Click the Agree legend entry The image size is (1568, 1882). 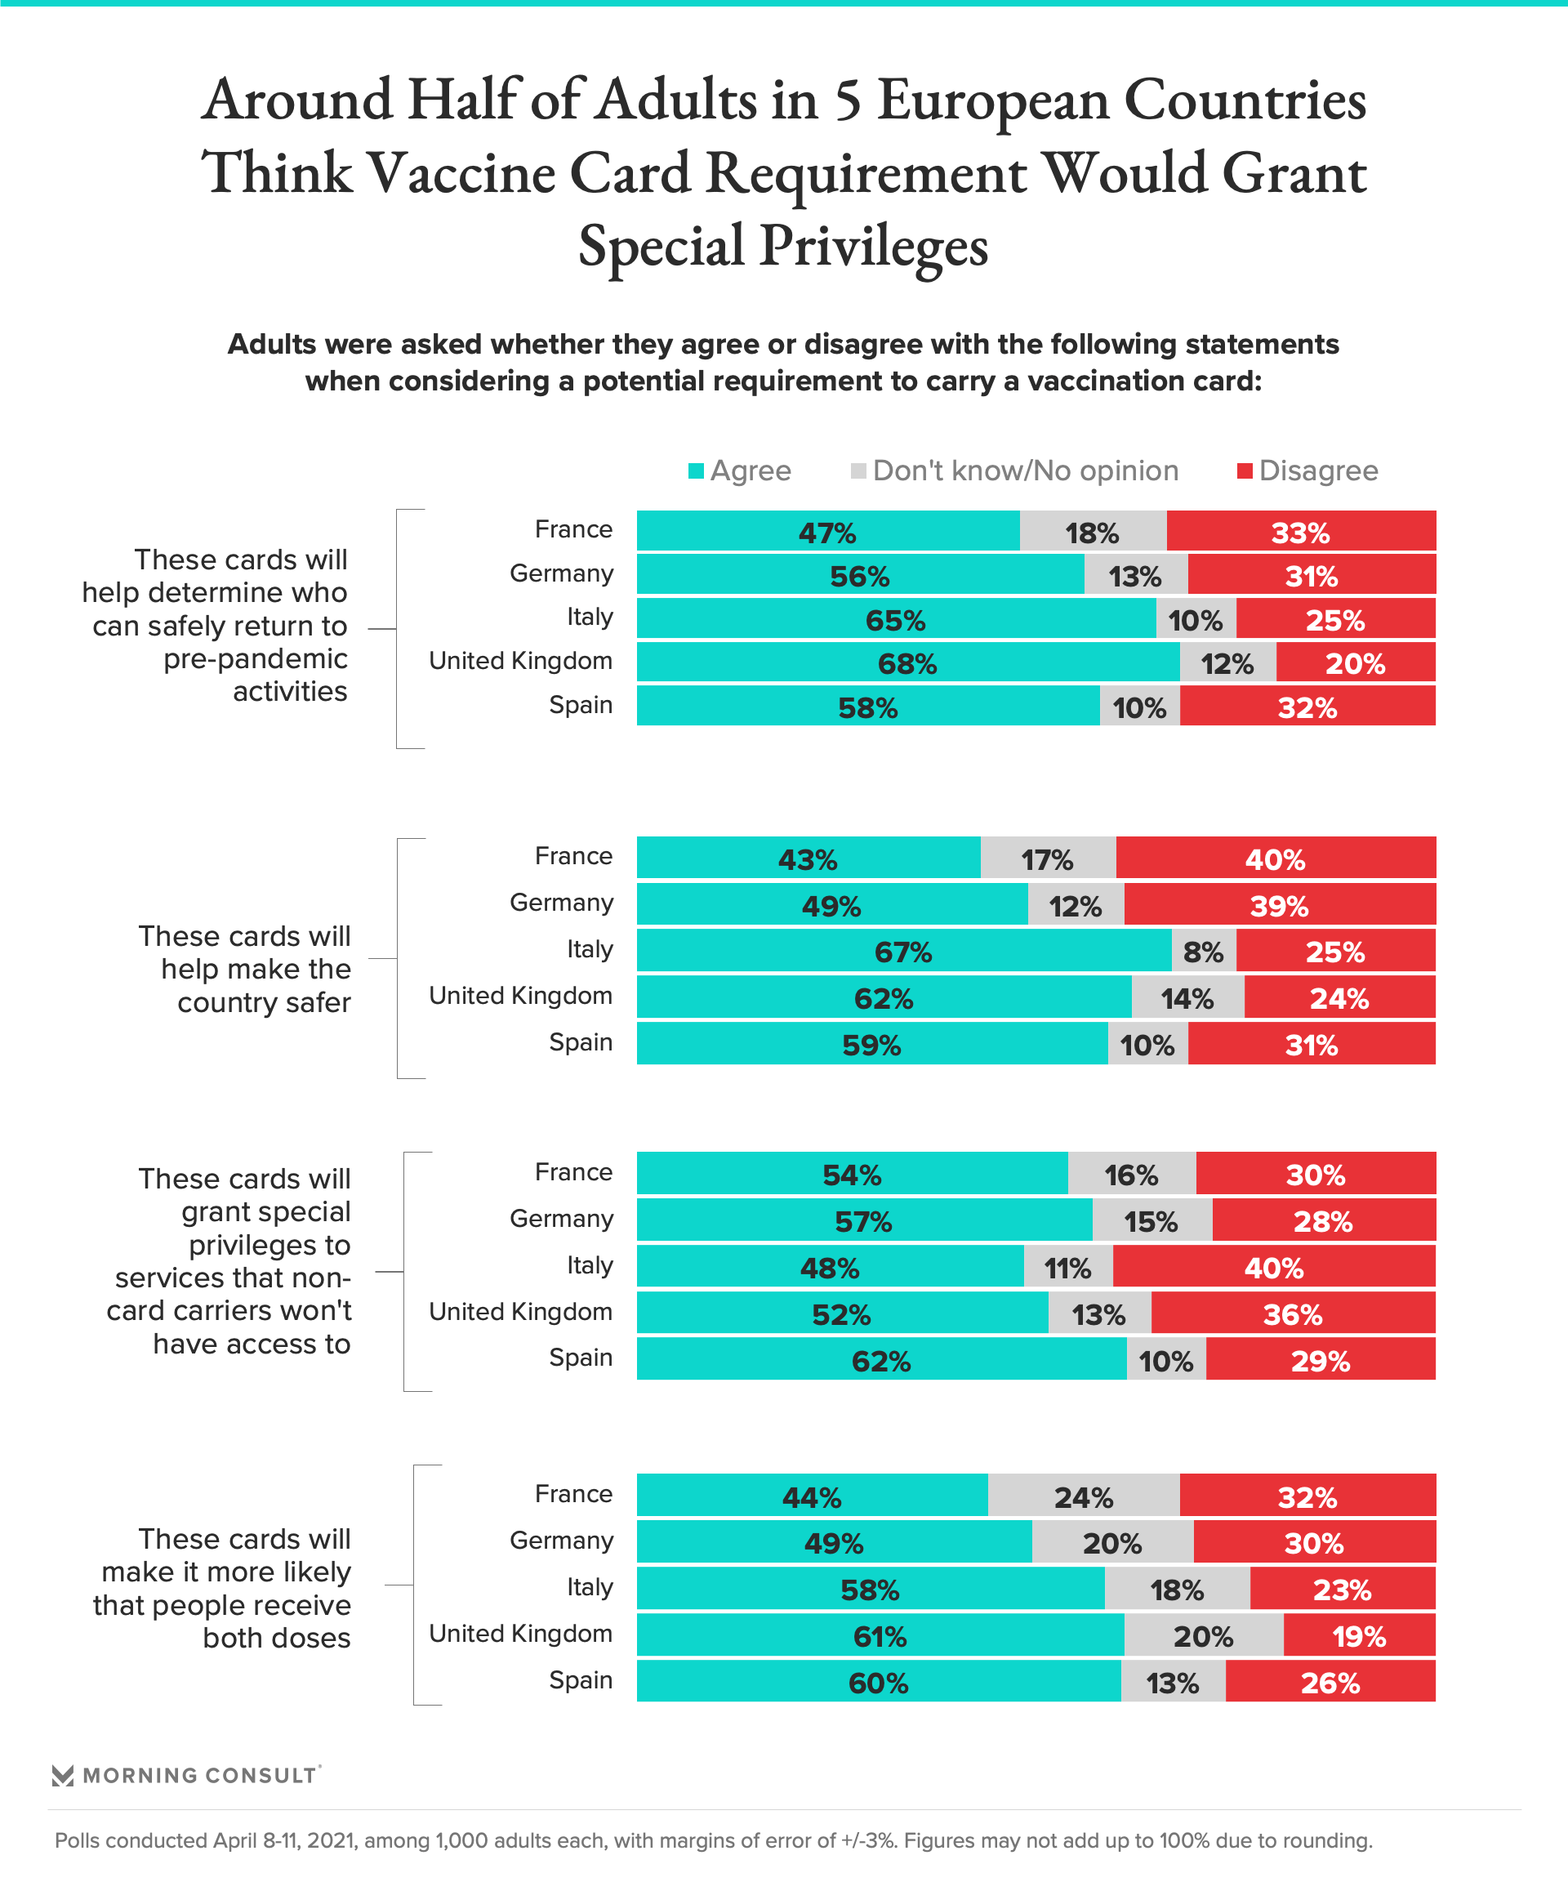740,471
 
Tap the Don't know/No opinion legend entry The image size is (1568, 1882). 1014,471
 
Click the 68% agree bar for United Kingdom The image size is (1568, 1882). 907,663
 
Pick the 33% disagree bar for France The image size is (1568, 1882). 1300,532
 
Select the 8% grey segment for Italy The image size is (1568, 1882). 1203,951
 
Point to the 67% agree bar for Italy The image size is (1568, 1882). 903,951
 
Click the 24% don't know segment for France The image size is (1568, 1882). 1083,1496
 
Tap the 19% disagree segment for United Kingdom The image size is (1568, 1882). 1358,1636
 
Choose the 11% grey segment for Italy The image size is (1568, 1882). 1067,1268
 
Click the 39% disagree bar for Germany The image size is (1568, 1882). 1279,905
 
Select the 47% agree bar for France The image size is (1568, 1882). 827,532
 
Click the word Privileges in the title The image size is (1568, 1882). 874,247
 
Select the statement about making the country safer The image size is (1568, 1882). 245,969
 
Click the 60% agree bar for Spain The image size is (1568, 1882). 878,1683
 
